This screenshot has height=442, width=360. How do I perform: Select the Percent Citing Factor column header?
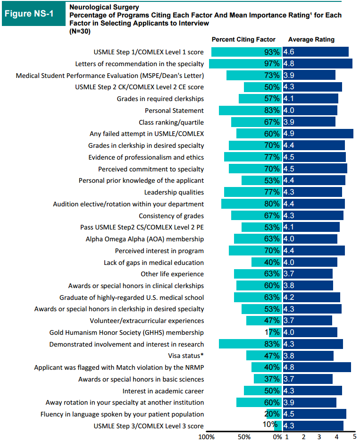(x=243, y=40)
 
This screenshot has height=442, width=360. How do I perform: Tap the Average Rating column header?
(x=311, y=40)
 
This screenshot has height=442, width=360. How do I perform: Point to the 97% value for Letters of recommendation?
(x=272, y=64)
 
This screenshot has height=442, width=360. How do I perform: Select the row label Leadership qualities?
(x=174, y=192)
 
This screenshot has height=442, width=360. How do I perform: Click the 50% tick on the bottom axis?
(x=244, y=437)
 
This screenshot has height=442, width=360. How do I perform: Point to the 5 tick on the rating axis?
(x=354, y=437)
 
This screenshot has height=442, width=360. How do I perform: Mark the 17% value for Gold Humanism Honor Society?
(x=272, y=333)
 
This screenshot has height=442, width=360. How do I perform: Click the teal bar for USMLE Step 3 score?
(x=278, y=426)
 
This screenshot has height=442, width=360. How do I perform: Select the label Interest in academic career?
(x=163, y=391)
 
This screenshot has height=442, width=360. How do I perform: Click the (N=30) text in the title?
(x=79, y=31)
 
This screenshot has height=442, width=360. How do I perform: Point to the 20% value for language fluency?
(x=272, y=415)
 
